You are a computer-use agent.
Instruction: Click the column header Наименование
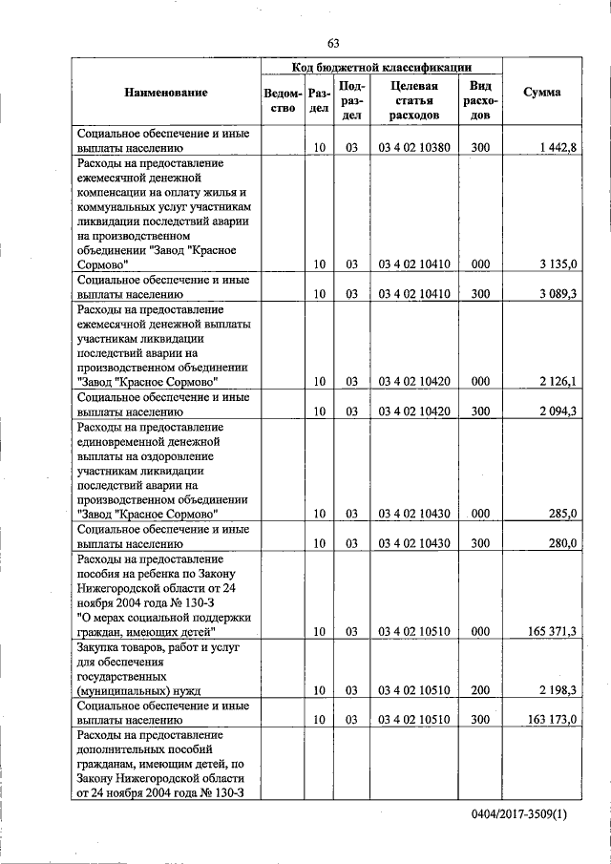(x=165, y=93)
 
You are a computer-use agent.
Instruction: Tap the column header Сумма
(x=541, y=93)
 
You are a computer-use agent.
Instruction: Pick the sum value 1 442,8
(x=556, y=149)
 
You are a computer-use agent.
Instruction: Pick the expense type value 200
(x=480, y=689)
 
